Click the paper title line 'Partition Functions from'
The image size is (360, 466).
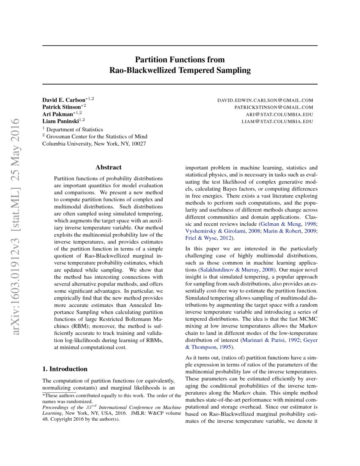click(x=180, y=59)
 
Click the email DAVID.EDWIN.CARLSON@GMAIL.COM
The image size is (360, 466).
click(x=265, y=100)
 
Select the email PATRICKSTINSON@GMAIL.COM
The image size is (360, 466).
click(x=274, y=108)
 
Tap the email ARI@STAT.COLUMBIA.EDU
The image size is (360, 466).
click(x=280, y=115)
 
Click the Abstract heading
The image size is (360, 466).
click(x=108, y=167)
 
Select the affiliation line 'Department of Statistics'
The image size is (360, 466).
click(x=75, y=130)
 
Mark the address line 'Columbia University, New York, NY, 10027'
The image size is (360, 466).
click(x=94, y=144)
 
